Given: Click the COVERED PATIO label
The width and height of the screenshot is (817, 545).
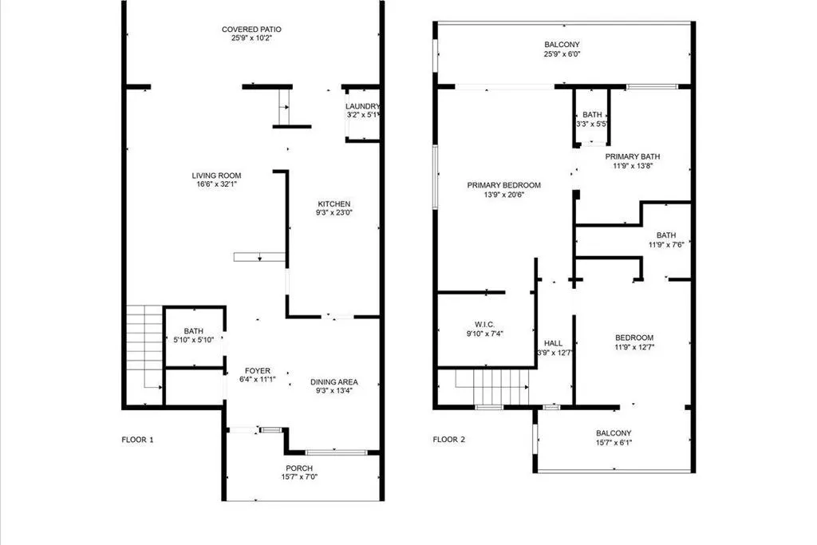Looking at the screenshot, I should click(251, 30).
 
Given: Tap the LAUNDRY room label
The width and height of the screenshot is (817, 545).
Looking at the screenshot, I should click(363, 107).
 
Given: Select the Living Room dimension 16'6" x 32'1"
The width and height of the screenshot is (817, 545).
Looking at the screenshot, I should click(216, 184).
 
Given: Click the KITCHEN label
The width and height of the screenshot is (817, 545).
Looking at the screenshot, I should click(334, 203).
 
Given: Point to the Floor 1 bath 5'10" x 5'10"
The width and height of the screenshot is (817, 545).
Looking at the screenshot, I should click(194, 336).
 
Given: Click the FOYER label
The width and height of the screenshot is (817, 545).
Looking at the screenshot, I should click(257, 371).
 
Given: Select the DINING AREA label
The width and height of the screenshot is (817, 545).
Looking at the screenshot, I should click(334, 382).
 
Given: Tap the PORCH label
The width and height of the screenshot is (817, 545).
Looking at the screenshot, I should click(299, 468).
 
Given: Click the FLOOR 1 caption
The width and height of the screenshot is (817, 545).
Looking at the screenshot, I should click(137, 439).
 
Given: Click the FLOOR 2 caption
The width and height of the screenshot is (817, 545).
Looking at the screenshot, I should click(449, 439).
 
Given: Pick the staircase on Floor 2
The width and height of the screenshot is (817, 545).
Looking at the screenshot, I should click(492, 387).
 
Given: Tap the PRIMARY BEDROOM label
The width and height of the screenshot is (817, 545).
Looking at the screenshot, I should click(503, 185).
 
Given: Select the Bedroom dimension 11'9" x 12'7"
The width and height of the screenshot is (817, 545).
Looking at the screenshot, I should click(634, 348).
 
